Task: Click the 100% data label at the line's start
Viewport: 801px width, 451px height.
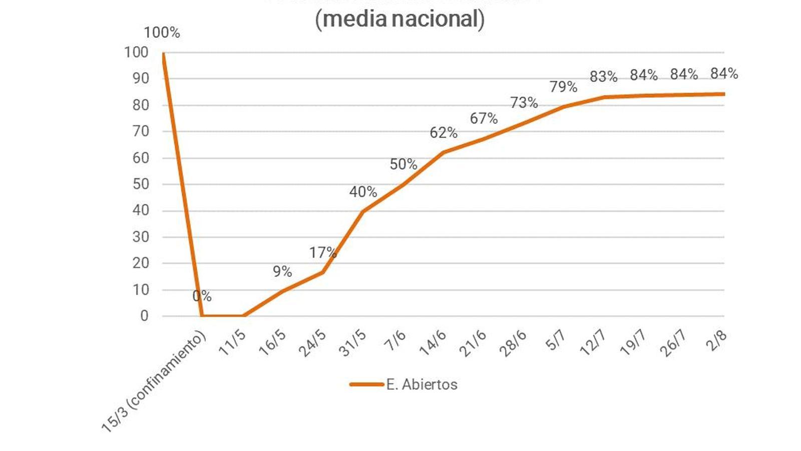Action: tap(162, 33)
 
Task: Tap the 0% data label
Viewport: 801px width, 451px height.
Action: tap(202, 296)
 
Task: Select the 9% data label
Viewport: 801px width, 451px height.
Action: tap(282, 271)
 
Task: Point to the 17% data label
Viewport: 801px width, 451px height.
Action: tap(322, 253)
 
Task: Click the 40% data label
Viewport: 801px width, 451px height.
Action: tap(363, 191)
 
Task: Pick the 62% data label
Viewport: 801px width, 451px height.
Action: tap(444, 133)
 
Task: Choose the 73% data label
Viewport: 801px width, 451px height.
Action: tap(524, 103)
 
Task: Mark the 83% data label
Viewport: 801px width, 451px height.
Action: tap(603, 77)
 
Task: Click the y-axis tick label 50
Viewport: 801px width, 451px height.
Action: tap(141, 184)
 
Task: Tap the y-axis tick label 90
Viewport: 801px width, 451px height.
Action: tap(141, 78)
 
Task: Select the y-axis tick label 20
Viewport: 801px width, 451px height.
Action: tap(141, 263)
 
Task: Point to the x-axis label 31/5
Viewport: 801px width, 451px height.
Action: tap(353, 343)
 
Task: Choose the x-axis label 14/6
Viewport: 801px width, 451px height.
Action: tap(433, 343)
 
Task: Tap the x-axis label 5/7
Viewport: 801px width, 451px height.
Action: tap(556, 341)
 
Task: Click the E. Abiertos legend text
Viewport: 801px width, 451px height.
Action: tap(422, 384)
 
